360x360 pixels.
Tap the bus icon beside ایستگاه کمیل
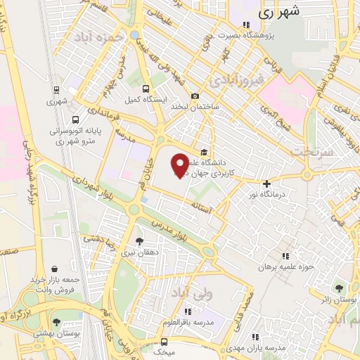146,89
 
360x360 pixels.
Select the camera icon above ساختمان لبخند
195,96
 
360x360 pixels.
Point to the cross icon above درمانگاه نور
266,183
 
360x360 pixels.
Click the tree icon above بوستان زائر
340,288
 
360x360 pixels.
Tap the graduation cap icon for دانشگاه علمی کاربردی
204,151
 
